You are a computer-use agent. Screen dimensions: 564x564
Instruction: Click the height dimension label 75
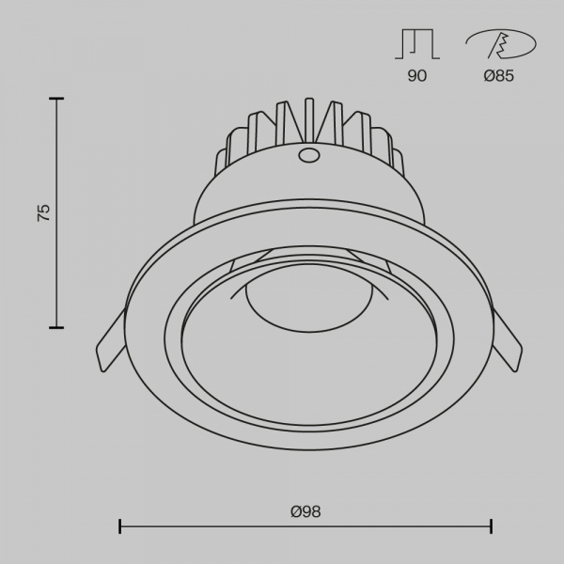click(x=43, y=213)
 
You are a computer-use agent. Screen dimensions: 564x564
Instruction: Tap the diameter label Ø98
click(x=305, y=511)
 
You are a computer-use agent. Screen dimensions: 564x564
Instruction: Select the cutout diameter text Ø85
click(x=499, y=76)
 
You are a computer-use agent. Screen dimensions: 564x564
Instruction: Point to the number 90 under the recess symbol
click(x=417, y=76)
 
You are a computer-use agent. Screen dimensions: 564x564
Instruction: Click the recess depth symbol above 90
click(x=417, y=44)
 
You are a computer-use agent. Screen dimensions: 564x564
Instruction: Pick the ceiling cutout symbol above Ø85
click(x=501, y=44)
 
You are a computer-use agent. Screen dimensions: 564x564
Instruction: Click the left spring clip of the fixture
click(x=110, y=340)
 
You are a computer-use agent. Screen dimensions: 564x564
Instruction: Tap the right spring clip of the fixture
click(x=508, y=340)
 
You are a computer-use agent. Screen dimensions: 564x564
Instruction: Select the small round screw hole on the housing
click(x=309, y=155)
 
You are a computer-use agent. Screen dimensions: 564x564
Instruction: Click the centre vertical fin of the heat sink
click(x=309, y=120)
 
